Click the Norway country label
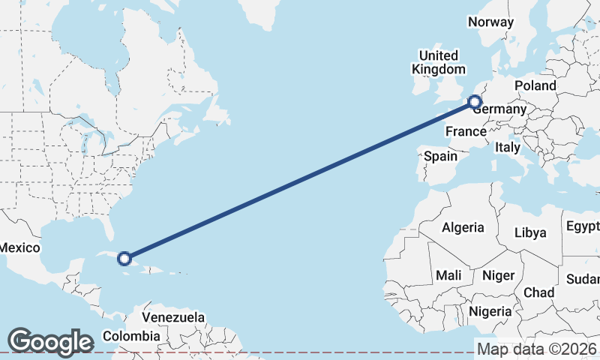point(490,22)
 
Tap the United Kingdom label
point(438,62)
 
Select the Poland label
point(535,86)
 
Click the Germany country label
point(499,109)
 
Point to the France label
point(466,132)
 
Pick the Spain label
point(440,156)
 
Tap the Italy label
point(508,148)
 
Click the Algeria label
point(463,227)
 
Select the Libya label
point(530,232)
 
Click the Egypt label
point(583,226)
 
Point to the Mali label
point(448,275)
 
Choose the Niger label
point(498,275)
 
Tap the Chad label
point(539,292)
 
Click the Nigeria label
point(490,310)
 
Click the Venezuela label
point(173,317)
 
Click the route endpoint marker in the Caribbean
point(125,259)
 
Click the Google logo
point(50,341)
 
